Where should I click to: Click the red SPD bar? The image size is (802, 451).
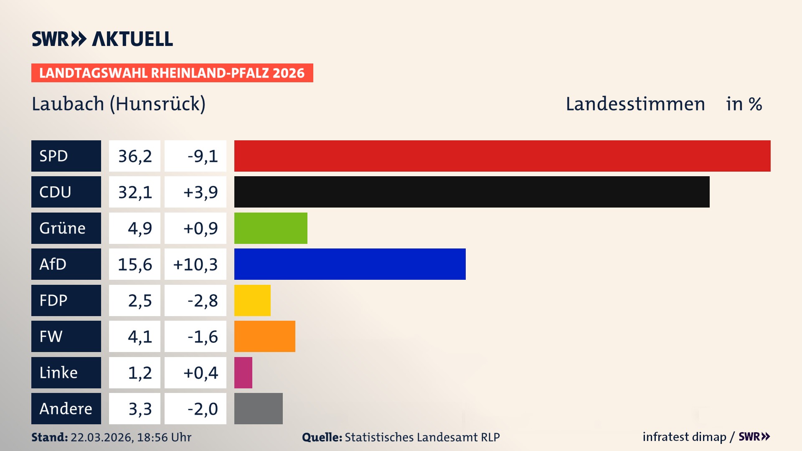click(502, 156)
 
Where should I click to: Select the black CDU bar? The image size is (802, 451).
click(472, 192)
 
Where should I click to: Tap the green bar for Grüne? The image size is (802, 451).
click(271, 228)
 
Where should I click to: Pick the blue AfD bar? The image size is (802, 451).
click(350, 264)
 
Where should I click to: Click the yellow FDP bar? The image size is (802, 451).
click(252, 300)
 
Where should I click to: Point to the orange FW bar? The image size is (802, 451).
click(264, 337)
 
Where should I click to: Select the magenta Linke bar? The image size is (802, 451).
click(243, 372)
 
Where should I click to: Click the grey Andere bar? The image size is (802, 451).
click(258, 408)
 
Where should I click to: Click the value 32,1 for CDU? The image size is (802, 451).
click(135, 192)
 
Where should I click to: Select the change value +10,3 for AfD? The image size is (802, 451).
click(195, 264)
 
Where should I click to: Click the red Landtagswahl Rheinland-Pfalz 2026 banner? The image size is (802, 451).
click(172, 73)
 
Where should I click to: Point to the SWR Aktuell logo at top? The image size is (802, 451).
click(102, 39)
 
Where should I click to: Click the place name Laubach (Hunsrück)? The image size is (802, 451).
click(119, 104)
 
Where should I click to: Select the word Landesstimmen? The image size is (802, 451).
click(635, 104)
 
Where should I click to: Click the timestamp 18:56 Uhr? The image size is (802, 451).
click(164, 437)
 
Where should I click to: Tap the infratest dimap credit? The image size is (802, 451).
click(684, 437)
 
